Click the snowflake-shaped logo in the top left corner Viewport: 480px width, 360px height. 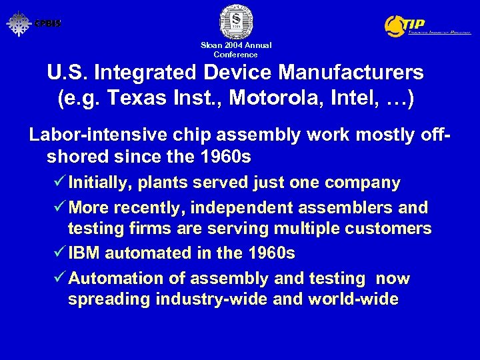[x=19, y=23]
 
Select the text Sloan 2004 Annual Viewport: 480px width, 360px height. [x=236, y=45]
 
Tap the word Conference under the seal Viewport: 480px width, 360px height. [x=235, y=55]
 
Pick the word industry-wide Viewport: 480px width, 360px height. [x=212, y=299]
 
